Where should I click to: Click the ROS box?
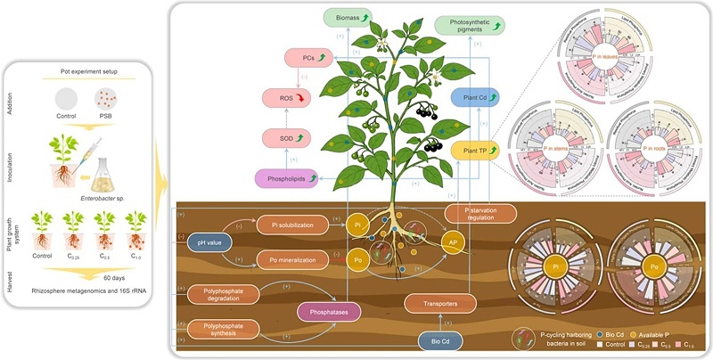286,98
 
